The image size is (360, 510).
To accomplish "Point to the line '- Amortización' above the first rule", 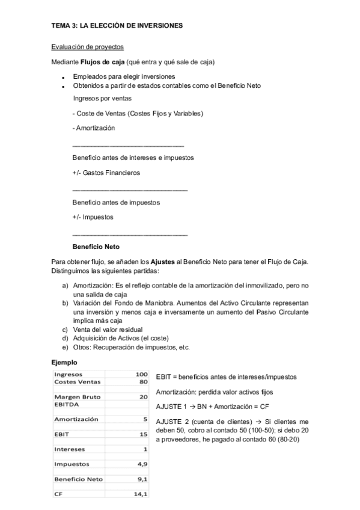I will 94,127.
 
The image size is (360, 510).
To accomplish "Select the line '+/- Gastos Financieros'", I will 106,173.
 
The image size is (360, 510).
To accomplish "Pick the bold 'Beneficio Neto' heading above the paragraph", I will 96,247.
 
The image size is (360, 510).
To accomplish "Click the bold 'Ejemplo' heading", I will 64,363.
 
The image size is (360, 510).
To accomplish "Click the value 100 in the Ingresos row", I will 142,374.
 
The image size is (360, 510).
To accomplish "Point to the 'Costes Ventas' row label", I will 78,381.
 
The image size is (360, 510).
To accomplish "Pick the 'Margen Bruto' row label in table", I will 78,397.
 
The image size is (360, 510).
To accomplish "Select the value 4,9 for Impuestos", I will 142,464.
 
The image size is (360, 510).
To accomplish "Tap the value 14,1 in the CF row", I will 141,494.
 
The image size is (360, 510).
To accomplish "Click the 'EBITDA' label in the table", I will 67,404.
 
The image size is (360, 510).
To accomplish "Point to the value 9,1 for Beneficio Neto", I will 142,479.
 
